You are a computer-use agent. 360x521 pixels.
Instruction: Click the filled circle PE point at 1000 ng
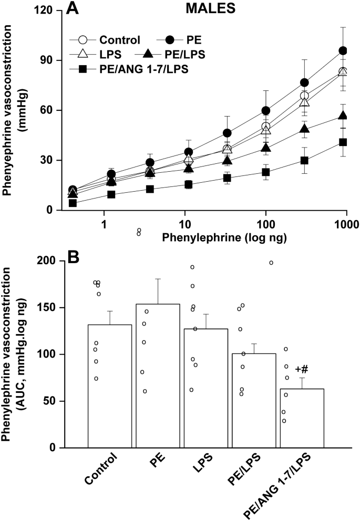343,51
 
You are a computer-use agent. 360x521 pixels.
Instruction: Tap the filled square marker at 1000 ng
343,142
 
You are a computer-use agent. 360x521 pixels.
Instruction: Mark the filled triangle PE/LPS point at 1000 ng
343,116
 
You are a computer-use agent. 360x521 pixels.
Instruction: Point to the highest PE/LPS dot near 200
271,262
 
